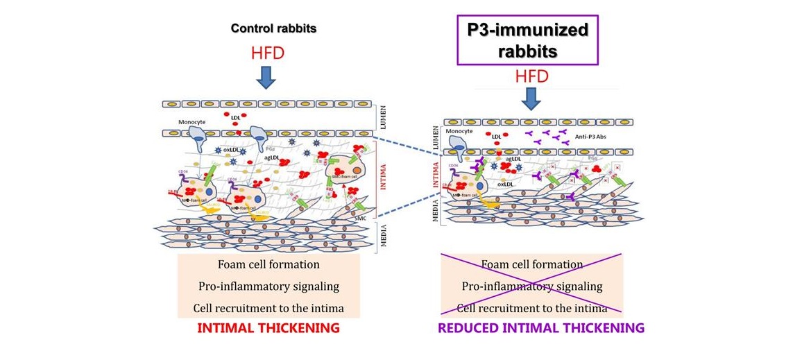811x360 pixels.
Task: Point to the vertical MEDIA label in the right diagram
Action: [x=435, y=204]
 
